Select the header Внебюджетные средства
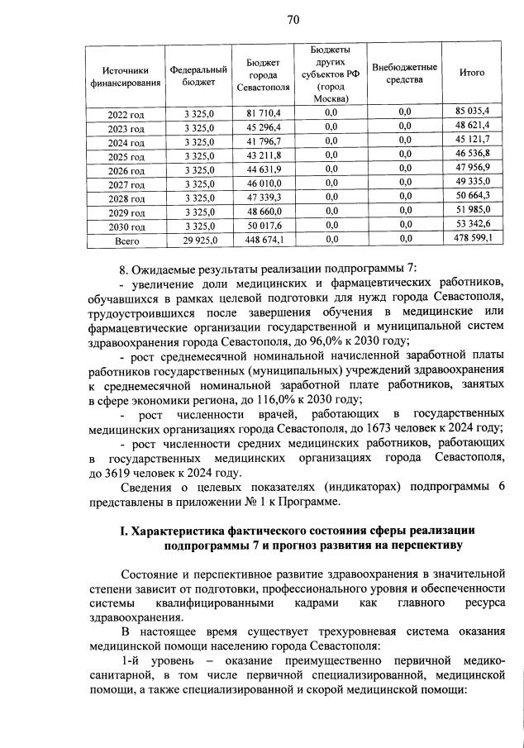(x=405, y=73)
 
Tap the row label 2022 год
(x=126, y=112)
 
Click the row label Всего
(x=126, y=241)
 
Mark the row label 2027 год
(x=126, y=183)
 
